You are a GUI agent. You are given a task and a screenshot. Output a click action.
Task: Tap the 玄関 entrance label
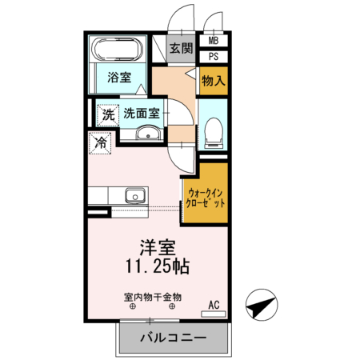pos(182,49)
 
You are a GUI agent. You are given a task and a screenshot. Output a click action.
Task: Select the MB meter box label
pos(214,41)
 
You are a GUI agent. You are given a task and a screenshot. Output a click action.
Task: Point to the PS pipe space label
pos(214,57)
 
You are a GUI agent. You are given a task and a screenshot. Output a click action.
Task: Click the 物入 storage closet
pos(214,81)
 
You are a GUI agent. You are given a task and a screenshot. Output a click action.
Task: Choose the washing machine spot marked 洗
pos(108,115)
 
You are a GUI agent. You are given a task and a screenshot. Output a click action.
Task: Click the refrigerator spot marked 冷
pos(100,142)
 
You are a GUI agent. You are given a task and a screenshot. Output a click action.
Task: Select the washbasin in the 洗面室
pos(148,133)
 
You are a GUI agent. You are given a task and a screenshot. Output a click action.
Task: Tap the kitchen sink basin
pos(135,196)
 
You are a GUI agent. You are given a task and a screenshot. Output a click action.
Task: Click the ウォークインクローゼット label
pos(206,198)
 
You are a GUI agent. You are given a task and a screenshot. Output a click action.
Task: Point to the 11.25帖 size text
pos(158,266)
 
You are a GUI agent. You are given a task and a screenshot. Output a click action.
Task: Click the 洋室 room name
pos(158,248)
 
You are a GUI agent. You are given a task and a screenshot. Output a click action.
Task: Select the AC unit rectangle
pos(214,314)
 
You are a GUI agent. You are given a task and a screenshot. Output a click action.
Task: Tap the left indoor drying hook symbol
pos(133,306)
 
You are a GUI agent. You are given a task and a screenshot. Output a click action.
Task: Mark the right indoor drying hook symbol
pos(172,306)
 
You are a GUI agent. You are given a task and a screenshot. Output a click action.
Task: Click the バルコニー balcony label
pos(174,338)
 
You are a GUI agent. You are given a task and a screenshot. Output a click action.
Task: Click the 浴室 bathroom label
pos(119,78)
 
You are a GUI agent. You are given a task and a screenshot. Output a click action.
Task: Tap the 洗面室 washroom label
pos(142,114)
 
